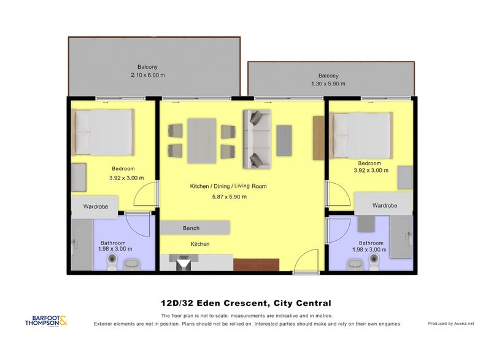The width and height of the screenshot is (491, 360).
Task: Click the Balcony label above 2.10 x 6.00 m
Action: pyautogui.click(x=147, y=67)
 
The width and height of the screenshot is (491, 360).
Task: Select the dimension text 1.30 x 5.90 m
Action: pyautogui.click(x=328, y=84)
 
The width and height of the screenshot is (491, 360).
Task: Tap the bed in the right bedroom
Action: pyautogui.click(x=362, y=135)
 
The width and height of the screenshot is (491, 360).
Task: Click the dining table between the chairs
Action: pyautogui.click(x=201, y=141)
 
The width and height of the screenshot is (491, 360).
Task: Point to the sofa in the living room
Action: pyautogui.click(x=257, y=139)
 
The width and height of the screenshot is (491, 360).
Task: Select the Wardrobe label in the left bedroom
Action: pyautogui.click(x=96, y=207)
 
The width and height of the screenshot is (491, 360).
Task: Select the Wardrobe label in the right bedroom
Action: pyautogui.click(x=384, y=205)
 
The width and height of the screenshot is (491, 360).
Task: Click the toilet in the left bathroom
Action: pyautogui.click(x=112, y=262)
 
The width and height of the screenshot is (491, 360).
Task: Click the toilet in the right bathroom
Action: pyautogui.click(x=374, y=262)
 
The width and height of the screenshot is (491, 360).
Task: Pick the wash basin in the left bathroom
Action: pyautogui.click(x=132, y=265)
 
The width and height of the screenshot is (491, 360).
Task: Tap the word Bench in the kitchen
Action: pyautogui.click(x=191, y=228)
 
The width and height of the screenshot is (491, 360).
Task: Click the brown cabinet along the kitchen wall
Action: pyautogui.click(x=256, y=263)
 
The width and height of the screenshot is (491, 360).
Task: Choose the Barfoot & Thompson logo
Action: pyautogui.click(x=46, y=321)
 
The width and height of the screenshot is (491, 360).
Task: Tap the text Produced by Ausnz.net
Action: pyautogui.click(x=450, y=323)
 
